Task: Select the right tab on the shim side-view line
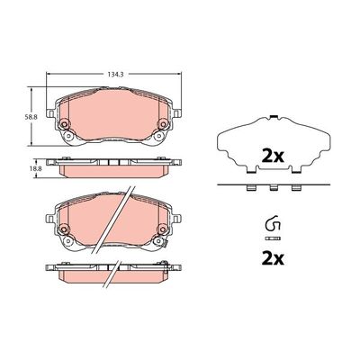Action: pyautogui.click(x=295, y=189)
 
